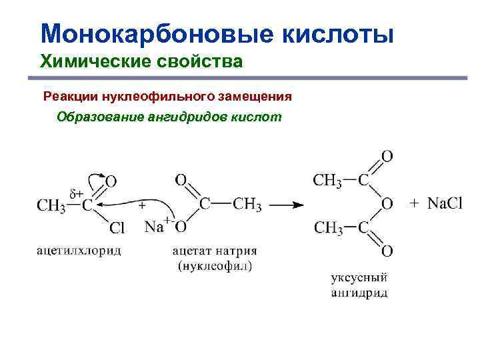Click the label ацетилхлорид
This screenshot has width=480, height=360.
click(x=79, y=251)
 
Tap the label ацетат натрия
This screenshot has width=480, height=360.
click(x=214, y=251)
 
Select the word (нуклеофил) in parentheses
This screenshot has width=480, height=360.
click(x=214, y=265)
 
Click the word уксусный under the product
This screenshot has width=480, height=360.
click(x=359, y=279)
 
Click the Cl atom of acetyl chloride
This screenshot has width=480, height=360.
click(x=117, y=229)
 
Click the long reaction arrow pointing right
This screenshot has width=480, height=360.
click(x=286, y=206)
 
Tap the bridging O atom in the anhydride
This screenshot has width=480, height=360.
click(x=387, y=203)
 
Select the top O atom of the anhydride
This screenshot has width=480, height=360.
click(x=387, y=157)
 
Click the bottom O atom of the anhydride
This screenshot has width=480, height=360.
click(x=387, y=251)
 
